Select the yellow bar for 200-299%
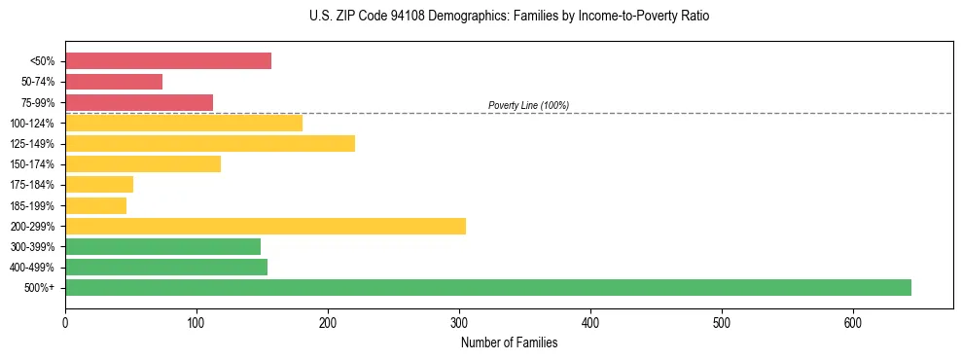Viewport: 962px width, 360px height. [266, 226]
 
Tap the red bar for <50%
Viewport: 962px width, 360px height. [168, 61]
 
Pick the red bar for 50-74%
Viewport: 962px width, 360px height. [114, 82]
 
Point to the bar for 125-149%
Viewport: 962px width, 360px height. [210, 144]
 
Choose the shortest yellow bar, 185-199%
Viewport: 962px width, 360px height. [95, 205]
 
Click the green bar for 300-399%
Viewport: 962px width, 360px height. [162, 246]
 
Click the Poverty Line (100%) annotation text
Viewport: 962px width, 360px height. [528, 105]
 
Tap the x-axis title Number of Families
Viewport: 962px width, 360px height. [509, 342]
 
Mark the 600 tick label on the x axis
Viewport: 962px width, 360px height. [853, 322]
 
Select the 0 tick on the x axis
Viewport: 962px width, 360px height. [65, 322]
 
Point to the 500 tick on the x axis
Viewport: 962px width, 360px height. [722, 322]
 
